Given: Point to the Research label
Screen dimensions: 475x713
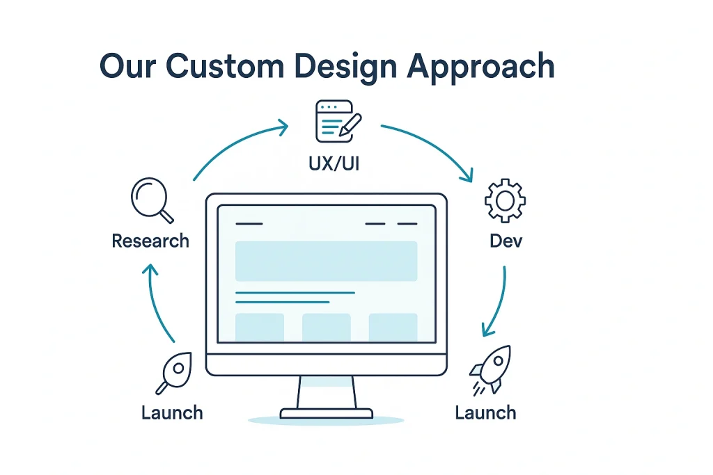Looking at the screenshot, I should [x=150, y=241].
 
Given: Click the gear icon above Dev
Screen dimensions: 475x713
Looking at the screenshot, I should [x=505, y=200].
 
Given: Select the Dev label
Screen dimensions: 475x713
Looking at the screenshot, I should [x=506, y=241].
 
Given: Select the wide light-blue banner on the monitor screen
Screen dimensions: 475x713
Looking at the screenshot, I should [x=326, y=261].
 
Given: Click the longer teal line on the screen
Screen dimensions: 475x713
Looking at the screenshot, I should [x=295, y=293].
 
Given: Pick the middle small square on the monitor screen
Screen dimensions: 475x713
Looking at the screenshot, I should [x=326, y=327].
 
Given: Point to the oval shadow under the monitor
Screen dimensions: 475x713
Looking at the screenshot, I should [x=326, y=420].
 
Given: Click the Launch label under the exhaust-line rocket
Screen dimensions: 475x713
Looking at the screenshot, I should [x=485, y=413].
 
